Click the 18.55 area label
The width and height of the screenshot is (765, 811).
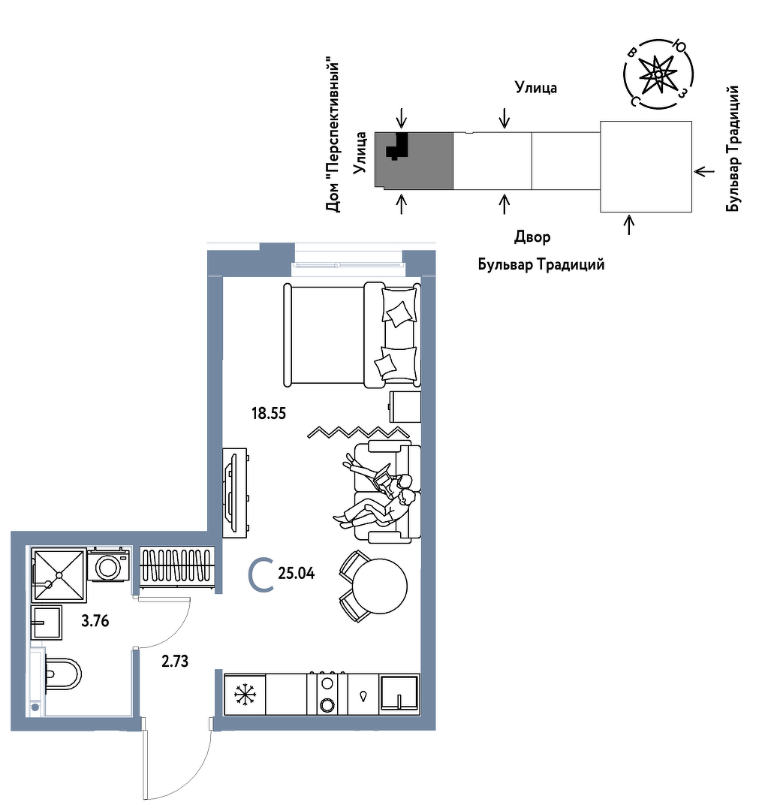click(269, 413)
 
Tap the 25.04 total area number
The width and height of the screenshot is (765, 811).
click(297, 573)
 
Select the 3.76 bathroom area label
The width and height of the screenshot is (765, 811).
click(95, 621)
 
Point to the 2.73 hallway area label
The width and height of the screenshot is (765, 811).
click(175, 661)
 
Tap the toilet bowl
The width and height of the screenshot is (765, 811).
click(63, 674)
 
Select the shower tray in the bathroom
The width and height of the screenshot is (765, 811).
click(59, 574)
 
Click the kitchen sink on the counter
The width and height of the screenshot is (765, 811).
click(399, 694)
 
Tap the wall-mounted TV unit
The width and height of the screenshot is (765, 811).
click(235, 493)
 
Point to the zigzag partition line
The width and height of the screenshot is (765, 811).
click(358, 432)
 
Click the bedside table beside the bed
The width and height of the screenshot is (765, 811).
click(405, 407)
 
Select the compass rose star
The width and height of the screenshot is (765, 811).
click(658, 74)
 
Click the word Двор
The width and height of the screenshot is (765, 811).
click(532, 237)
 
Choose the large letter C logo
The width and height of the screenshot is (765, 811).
click(261, 574)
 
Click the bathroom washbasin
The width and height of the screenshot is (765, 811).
click(47, 623)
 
